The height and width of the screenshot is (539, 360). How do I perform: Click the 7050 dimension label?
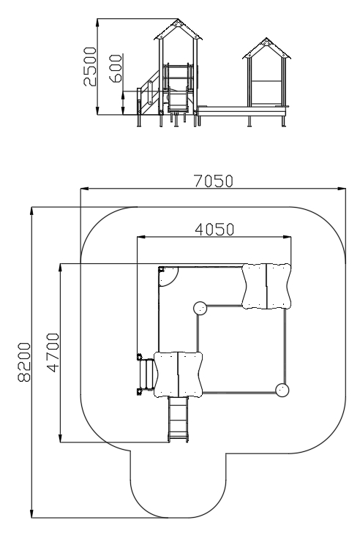(214, 181)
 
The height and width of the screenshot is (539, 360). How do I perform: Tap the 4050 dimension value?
(214, 230)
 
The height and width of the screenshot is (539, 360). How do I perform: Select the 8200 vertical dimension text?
(24, 362)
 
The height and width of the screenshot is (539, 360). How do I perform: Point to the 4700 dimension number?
(53, 353)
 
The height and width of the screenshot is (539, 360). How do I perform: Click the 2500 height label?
(91, 67)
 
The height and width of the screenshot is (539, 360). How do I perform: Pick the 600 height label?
(116, 68)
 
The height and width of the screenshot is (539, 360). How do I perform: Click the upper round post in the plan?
(200, 308)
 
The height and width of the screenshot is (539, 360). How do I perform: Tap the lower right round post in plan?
(282, 390)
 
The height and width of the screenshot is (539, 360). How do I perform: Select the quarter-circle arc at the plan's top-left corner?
(173, 280)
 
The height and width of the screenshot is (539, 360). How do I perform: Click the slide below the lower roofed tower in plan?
(178, 418)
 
